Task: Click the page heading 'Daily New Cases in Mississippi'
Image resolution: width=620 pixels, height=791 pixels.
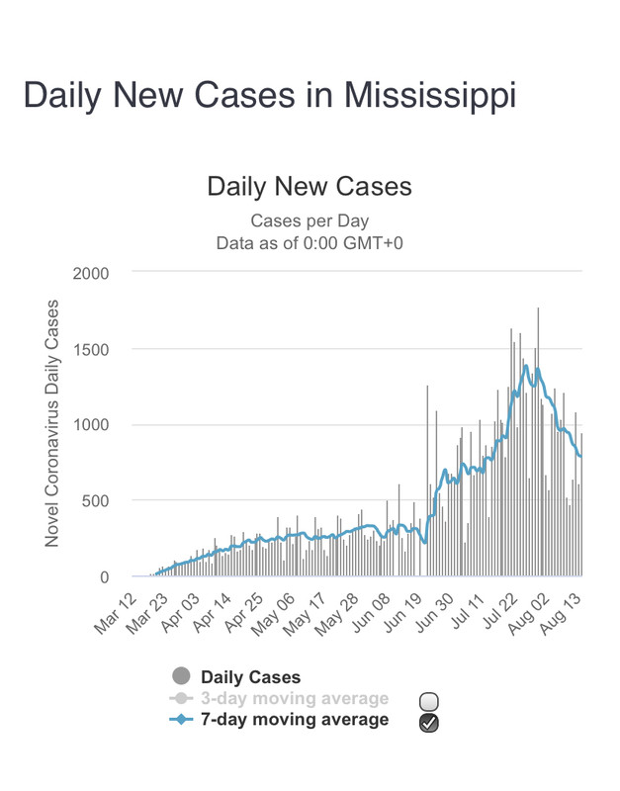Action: [269, 95]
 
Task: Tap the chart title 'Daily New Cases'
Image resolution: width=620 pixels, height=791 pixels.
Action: [309, 187]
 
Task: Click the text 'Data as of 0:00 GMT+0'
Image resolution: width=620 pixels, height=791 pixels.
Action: [309, 240]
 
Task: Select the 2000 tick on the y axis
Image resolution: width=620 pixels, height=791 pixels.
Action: [90, 273]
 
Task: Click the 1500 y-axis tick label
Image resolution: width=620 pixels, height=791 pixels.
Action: [90, 349]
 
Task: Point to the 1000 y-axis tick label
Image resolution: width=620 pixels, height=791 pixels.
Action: [90, 425]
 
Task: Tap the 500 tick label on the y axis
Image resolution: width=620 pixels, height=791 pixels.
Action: [95, 501]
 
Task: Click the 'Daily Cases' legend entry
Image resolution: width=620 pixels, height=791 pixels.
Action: [250, 677]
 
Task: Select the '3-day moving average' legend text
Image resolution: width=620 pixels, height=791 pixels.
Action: [295, 699]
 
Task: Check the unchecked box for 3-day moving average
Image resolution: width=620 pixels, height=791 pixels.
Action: [428, 701]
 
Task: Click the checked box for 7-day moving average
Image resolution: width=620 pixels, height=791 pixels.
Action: [428, 723]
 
